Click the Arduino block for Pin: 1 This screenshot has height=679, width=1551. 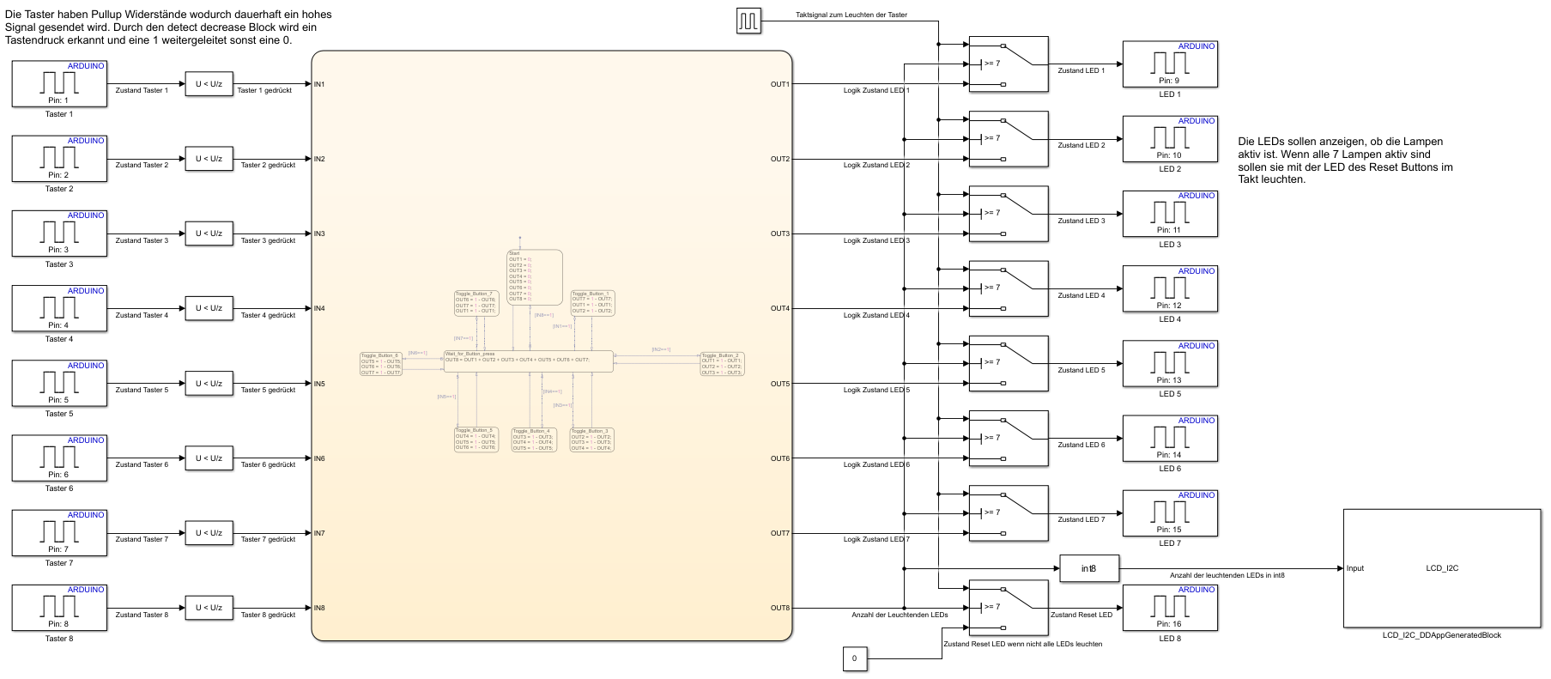pos(59,83)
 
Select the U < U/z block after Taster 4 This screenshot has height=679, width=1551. pos(209,308)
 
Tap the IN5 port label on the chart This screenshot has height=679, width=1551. pos(319,384)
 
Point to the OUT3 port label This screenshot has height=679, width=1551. pos(779,233)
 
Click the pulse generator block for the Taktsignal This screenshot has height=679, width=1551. pos(748,21)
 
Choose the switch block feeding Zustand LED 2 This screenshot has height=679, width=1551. pos(1008,138)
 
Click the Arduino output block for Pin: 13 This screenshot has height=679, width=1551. pos(1169,363)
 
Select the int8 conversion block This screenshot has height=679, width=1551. pos(1088,568)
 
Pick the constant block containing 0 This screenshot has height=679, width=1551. pos(854,658)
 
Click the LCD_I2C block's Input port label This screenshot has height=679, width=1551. pos(1355,568)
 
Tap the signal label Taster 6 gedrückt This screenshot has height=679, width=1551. pos(268,464)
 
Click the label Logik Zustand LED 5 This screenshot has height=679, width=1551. pos(876,390)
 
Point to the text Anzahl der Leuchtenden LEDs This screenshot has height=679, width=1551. pos(900,615)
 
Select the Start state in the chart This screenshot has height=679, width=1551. pos(534,276)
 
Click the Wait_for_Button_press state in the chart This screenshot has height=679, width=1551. pos(528,361)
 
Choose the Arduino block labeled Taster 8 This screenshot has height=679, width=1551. pos(59,607)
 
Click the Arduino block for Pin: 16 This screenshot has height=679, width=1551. pos(1169,607)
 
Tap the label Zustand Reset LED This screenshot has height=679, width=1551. pos(1081,615)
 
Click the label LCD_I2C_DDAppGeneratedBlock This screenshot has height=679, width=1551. pos(1441,635)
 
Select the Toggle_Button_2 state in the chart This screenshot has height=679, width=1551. pos(722,364)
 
